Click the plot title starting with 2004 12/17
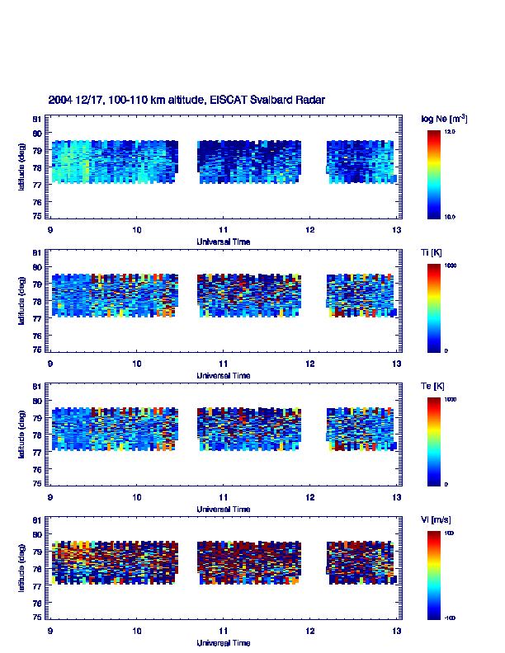186,100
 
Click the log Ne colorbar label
445,119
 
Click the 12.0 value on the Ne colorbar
451,131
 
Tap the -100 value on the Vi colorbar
451,618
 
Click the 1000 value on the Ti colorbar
451,265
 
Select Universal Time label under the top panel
224,242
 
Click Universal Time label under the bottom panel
224,643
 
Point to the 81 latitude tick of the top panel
38,118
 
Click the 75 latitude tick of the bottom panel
38,617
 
